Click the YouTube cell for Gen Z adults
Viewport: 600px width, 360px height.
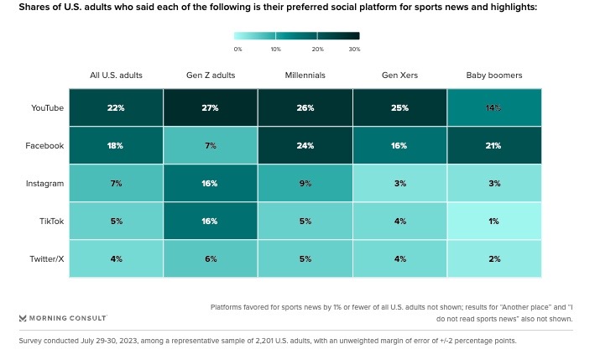tap(211, 107)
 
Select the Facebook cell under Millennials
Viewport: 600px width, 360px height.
tap(305, 145)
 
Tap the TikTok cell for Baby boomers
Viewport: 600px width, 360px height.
tap(494, 221)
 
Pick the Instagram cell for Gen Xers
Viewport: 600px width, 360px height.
tap(399, 183)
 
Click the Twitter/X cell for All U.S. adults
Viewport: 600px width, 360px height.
tap(116, 258)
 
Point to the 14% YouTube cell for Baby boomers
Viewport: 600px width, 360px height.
tap(494, 107)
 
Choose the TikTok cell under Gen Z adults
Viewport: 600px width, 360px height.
tap(211, 221)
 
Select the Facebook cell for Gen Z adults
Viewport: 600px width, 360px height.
tap(211, 145)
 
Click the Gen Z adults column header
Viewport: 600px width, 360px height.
tap(211, 75)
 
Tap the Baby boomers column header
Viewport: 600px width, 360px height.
tap(494, 75)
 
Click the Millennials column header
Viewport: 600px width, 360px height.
tap(305, 75)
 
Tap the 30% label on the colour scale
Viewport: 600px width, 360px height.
tap(354, 50)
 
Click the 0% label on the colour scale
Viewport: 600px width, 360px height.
tap(237, 50)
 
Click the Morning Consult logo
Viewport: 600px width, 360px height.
tap(63, 318)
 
